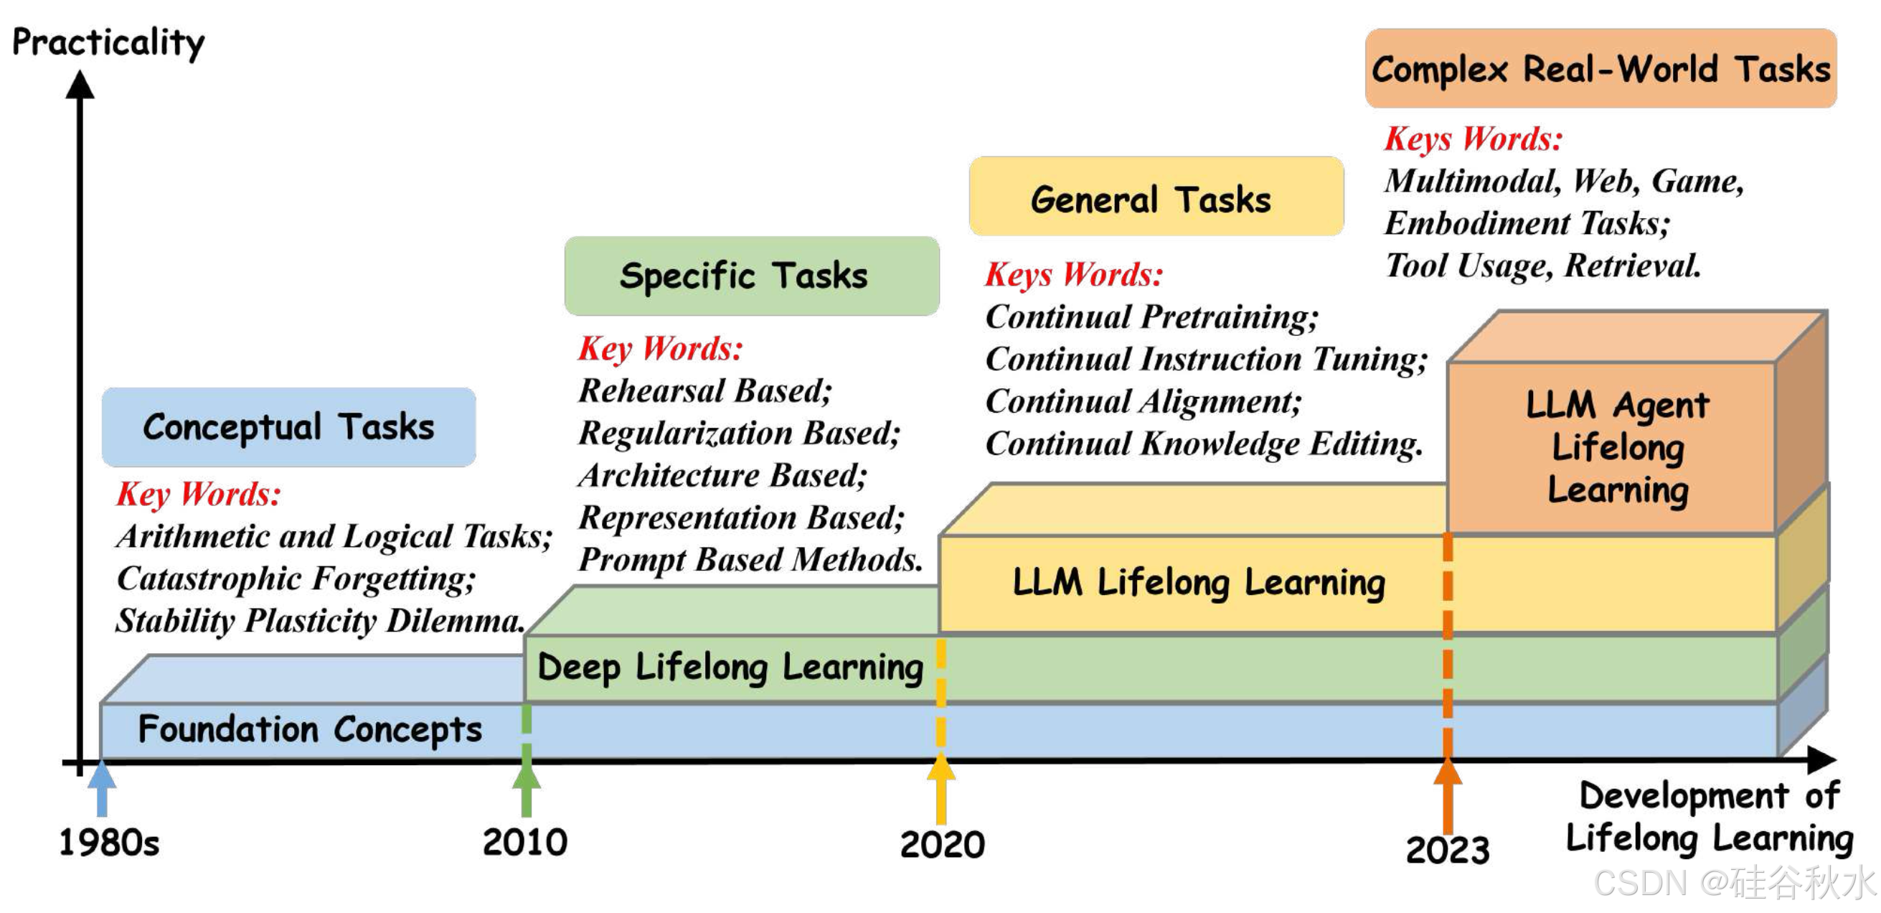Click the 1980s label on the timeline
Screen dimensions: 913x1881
(109, 843)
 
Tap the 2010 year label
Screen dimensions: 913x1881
(525, 842)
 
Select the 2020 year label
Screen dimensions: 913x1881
(942, 845)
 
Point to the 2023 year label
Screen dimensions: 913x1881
(1447, 849)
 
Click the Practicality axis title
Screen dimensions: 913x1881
(108, 42)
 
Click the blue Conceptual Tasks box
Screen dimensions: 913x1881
(288, 427)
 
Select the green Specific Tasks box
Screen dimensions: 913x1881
(751, 276)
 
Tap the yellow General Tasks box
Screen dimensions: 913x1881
(1156, 197)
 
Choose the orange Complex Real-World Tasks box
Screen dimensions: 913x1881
(1600, 70)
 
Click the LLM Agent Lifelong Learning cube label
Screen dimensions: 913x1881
(1617, 447)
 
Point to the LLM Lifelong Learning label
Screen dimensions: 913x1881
(1198, 583)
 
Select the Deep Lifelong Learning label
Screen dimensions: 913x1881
(730, 667)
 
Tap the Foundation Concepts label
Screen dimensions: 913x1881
(310, 730)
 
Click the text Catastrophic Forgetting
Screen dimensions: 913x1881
(296, 579)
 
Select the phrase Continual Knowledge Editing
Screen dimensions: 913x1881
(1203, 444)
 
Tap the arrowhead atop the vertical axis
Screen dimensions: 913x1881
(80, 84)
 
